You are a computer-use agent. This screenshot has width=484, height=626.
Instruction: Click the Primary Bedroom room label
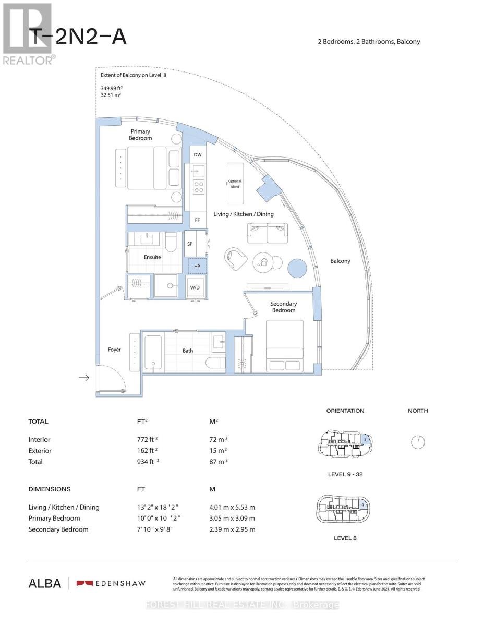click(x=140, y=135)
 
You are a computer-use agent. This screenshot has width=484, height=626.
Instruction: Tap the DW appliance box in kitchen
click(x=197, y=155)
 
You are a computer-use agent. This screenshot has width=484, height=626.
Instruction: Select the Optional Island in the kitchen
click(x=235, y=184)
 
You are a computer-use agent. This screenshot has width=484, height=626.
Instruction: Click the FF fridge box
click(x=197, y=220)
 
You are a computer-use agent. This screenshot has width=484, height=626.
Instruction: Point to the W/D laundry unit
click(x=196, y=287)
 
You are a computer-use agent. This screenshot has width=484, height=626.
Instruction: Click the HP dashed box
click(x=197, y=266)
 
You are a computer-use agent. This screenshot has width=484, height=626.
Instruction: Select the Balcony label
click(x=340, y=261)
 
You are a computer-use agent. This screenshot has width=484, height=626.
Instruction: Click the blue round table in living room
click(x=298, y=268)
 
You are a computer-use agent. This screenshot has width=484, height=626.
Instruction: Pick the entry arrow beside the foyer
click(x=83, y=378)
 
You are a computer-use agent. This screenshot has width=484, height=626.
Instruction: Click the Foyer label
click(x=114, y=350)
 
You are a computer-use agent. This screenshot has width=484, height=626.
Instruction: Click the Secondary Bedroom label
click(x=283, y=307)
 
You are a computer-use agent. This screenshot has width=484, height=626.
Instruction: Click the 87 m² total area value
click(x=218, y=462)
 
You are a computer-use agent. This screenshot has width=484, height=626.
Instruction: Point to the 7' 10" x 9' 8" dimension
click(x=156, y=529)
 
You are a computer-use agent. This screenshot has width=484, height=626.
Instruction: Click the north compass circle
click(x=418, y=442)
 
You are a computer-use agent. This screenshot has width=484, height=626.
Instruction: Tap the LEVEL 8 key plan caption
click(x=345, y=537)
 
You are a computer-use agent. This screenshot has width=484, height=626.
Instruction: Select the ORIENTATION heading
click(x=345, y=411)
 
